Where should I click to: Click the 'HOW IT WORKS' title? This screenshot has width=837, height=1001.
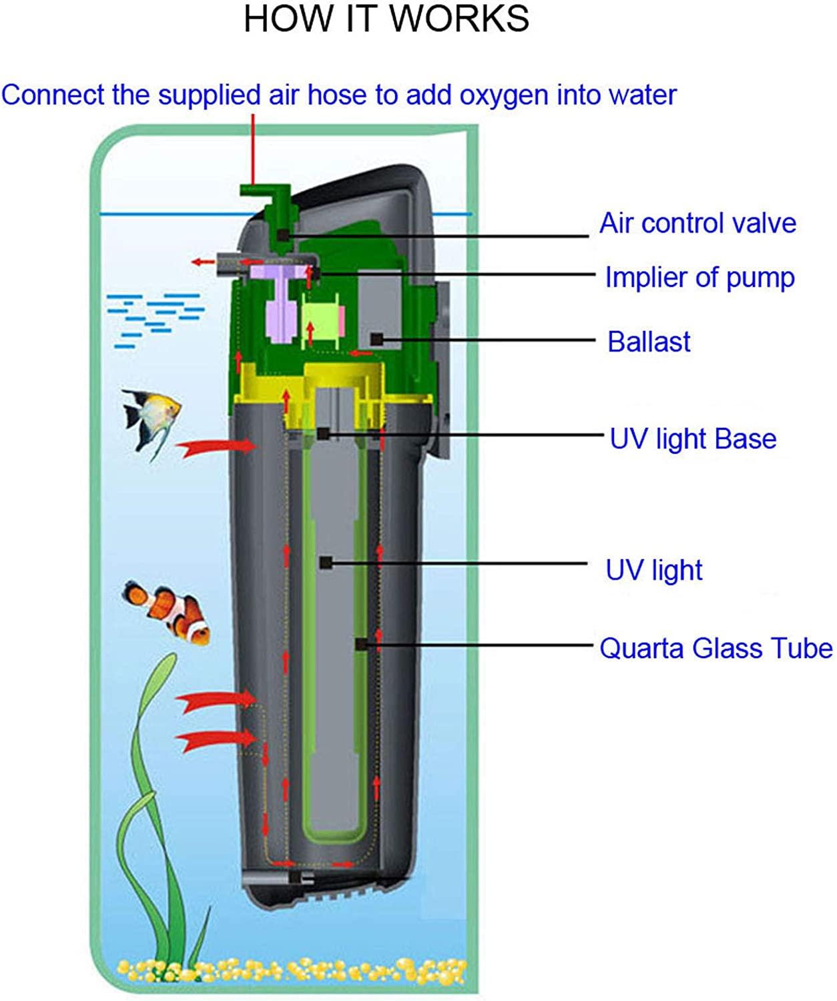[386, 19]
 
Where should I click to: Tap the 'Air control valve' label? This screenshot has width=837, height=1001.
[697, 224]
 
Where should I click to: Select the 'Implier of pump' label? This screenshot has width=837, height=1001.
[700, 278]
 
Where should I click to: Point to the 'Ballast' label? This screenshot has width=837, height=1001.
[649, 342]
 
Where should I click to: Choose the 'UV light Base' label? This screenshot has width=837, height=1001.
[693, 439]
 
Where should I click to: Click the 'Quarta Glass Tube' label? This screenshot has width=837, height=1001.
[716, 649]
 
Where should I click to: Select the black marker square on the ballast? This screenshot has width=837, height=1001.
[377, 339]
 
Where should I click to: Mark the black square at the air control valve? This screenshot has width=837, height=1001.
[284, 235]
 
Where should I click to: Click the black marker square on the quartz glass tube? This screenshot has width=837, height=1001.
[361, 645]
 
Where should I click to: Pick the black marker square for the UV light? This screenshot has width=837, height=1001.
[326, 563]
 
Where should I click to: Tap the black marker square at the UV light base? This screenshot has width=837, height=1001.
[323, 434]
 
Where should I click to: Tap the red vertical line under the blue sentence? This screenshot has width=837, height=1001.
[253, 149]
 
